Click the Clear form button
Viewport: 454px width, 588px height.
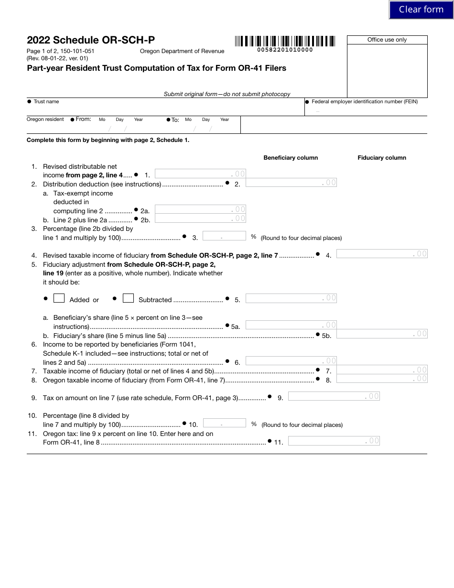[x=421, y=10]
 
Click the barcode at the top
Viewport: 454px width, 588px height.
[x=285, y=41]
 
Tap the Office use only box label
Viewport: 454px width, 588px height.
[x=387, y=40]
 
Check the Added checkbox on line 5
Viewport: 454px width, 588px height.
[x=59, y=298]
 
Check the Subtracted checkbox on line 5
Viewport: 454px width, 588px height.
[x=128, y=298]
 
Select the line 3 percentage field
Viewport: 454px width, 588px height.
[x=224, y=236]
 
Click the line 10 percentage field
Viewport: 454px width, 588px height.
[x=224, y=423]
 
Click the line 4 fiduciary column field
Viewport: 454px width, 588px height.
[x=382, y=254]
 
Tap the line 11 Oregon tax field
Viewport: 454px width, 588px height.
[x=334, y=441]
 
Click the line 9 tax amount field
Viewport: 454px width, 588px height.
[x=334, y=396]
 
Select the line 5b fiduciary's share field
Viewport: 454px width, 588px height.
[x=382, y=334]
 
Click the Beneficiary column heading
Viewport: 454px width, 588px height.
[x=291, y=158]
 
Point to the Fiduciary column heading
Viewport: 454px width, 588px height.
[x=382, y=158]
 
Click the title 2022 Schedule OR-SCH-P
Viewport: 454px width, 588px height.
[x=91, y=41]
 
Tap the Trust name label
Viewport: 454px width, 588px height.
[x=46, y=102]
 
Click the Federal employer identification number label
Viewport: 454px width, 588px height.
[x=365, y=102]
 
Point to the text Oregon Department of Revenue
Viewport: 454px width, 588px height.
[x=182, y=51]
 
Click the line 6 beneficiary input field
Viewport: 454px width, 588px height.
[x=291, y=361]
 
